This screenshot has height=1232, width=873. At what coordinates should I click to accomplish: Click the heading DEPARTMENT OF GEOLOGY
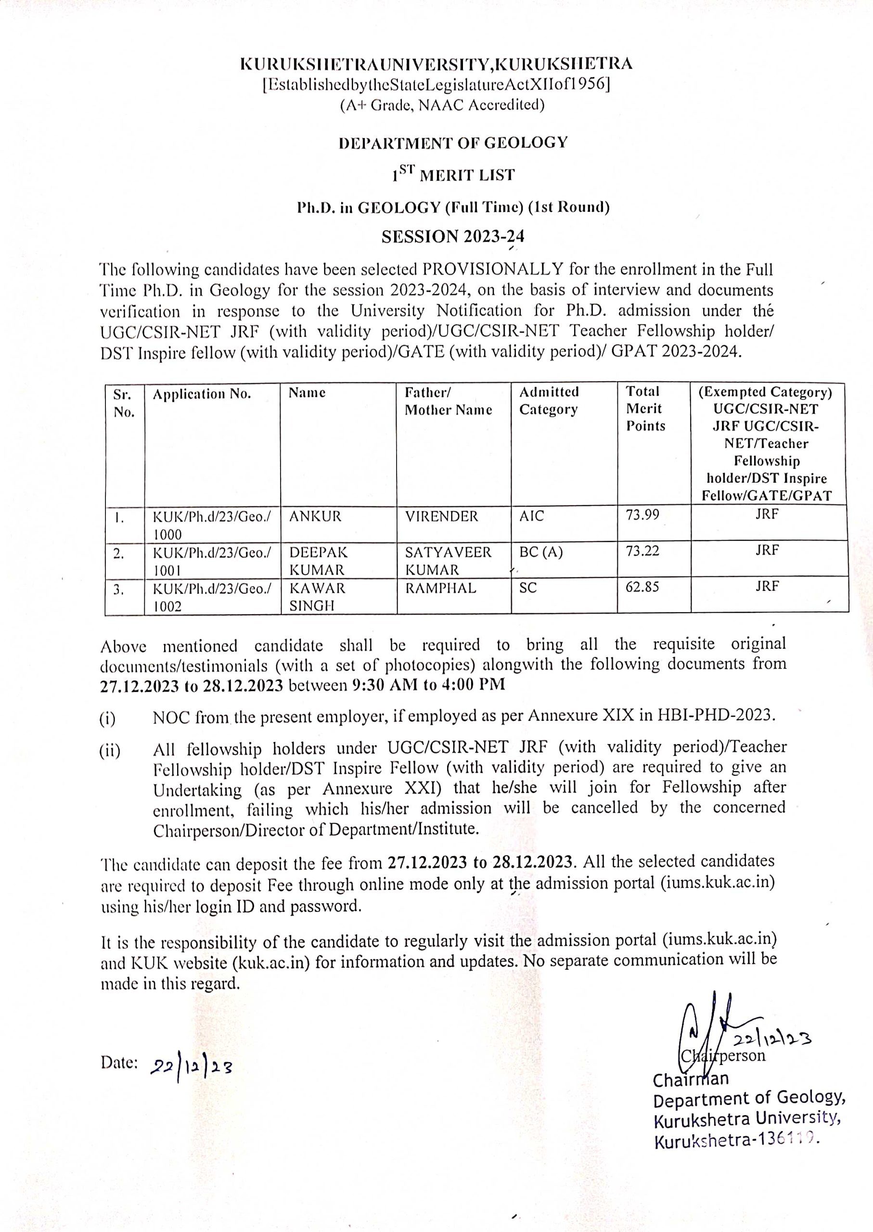pyautogui.click(x=453, y=143)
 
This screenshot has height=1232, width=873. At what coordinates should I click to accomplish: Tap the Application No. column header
pyautogui.click(x=202, y=394)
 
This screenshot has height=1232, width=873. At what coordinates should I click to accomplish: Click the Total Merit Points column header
pyautogui.click(x=646, y=409)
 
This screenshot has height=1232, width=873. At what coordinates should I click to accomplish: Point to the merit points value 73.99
pyautogui.click(x=642, y=515)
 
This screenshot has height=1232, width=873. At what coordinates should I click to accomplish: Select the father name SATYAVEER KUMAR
pyautogui.click(x=448, y=561)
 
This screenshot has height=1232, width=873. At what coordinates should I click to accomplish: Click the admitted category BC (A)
pyautogui.click(x=540, y=552)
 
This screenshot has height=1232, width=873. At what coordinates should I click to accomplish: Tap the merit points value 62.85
pyautogui.click(x=642, y=587)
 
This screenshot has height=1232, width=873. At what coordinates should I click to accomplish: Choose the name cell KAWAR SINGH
pyautogui.click(x=317, y=597)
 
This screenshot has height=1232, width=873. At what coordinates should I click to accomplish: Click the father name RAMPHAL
pyautogui.click(x=440, y=588)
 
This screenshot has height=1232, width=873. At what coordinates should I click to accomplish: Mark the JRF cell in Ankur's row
pyautogui.click(x=767, y=514)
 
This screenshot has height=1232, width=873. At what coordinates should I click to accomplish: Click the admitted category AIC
pyautogui.click(x=531, y=516)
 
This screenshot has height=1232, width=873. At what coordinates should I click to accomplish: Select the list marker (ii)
pyautogui.click(x=110, y=751)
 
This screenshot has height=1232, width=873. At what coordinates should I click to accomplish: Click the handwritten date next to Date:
pyautogui.click(x=192, y=1066)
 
